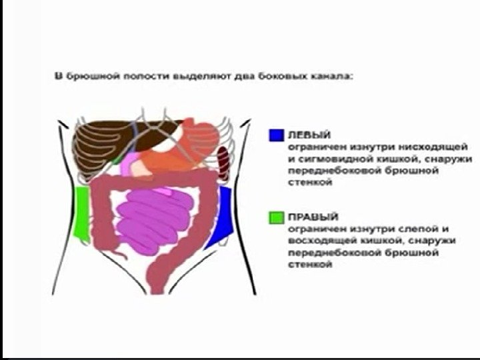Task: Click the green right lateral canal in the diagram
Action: tap(83, 209)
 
